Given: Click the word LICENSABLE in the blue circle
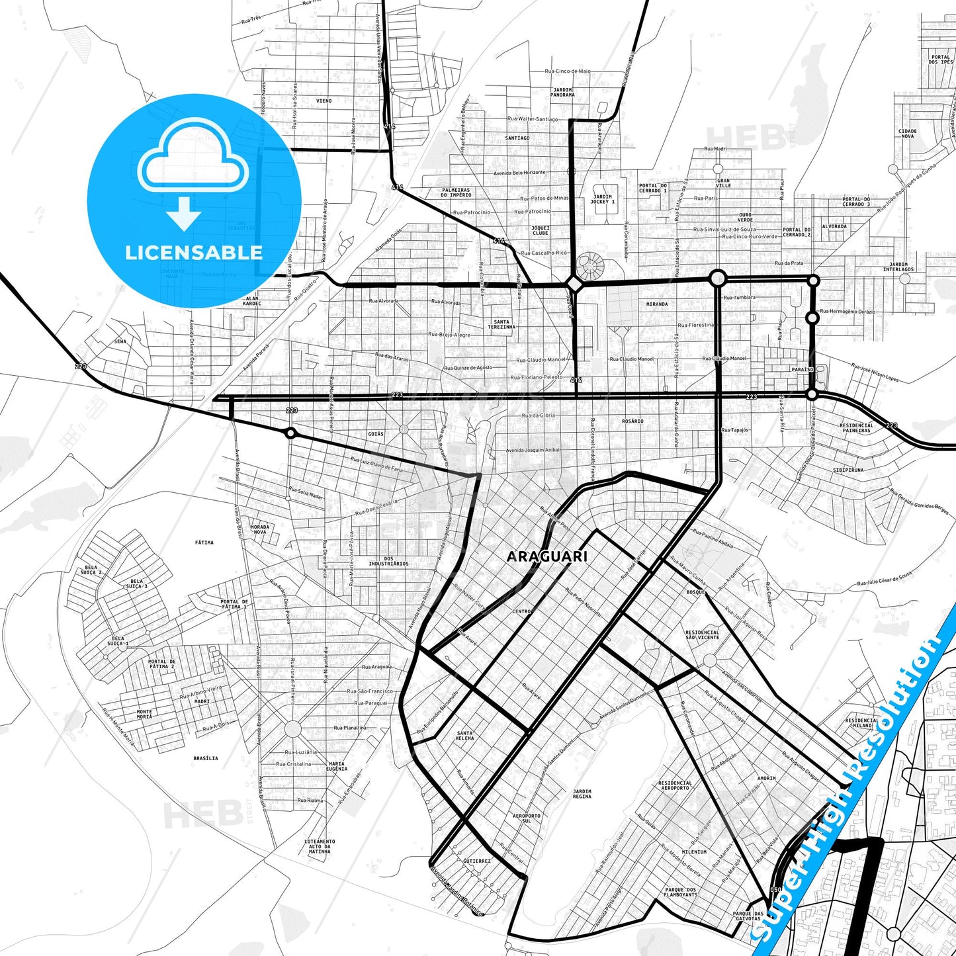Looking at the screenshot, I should click(x=194, y=252).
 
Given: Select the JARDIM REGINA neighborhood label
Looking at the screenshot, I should click(x=582, y=794).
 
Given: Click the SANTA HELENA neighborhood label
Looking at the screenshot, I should click(x=464, y=735).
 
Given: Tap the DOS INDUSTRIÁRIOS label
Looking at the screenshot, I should click(x=388, y=561).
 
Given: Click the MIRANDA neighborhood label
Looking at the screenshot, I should click(x=657, y=304).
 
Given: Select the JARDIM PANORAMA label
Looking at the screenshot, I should click(x=562, y=92).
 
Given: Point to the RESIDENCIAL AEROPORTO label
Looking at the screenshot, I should click(x=675, y=785).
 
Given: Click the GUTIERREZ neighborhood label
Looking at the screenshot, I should click(x=477, y=861).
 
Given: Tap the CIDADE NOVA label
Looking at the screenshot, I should click(x=908, y=134).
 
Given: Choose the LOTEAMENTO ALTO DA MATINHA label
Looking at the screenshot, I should click(x=320, y=846).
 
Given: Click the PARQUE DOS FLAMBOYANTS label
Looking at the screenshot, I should click(x=681, y=892).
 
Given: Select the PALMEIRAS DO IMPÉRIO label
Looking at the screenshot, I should click(x=456, y=193).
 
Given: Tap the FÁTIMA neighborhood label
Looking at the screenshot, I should click(x=204, y=543).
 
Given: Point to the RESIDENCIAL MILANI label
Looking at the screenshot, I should click(x=862, y=723).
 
